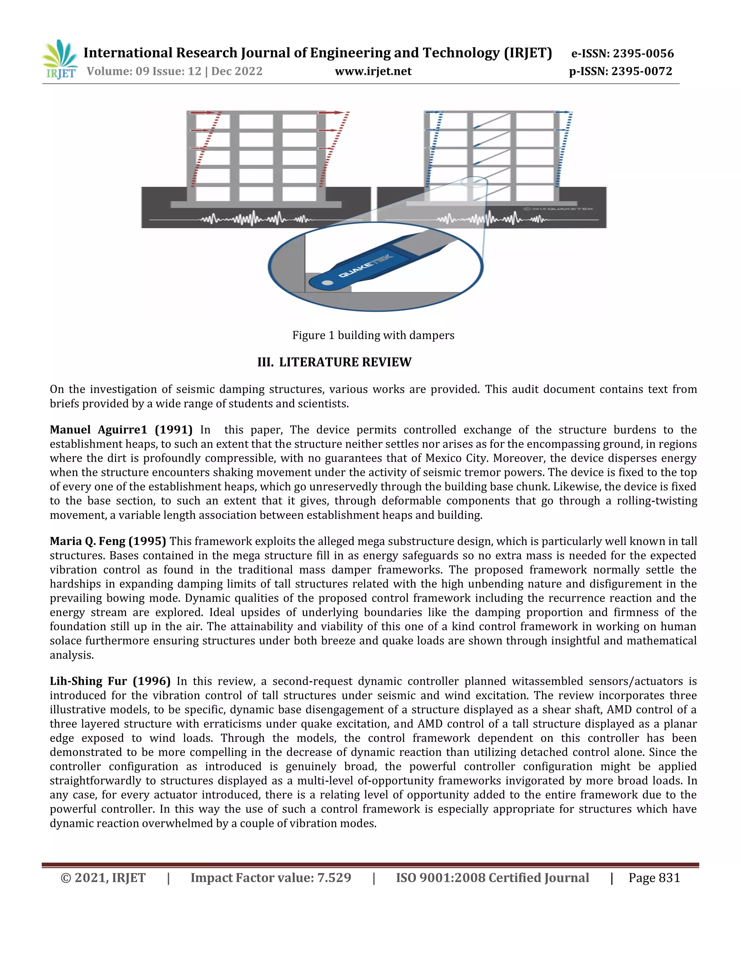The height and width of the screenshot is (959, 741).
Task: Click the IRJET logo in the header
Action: tap(59, 60)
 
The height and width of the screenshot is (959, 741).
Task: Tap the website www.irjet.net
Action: tap(373, 71)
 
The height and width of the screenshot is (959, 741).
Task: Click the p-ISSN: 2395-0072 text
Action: tap(620, 71)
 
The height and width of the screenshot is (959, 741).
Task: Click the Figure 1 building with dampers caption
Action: tap(373, 335)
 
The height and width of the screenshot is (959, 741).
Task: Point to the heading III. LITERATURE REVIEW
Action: tap(335, 362)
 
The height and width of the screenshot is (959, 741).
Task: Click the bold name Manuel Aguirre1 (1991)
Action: tap(121, 430)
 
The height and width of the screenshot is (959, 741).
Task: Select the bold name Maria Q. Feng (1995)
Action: tap(107, 541)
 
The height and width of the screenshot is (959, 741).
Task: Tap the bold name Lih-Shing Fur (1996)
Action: tap(110, 681)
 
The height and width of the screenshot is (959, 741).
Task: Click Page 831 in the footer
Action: tap(654, 878)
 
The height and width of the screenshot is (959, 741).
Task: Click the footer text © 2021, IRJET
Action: tap(103, 878)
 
